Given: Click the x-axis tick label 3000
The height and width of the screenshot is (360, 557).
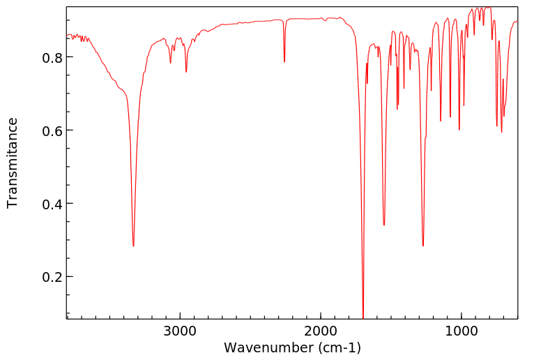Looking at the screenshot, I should coord(180,329).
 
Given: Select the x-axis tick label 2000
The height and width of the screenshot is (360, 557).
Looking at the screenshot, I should coord(321,329).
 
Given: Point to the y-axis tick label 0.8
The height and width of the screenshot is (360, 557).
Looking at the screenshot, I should coord(53,57).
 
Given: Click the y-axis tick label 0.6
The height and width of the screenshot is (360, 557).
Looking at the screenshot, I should coord(53,130).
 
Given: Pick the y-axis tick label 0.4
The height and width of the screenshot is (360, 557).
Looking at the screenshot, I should coord(53,204).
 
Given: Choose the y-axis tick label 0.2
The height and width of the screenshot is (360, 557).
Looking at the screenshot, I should coord(53,277).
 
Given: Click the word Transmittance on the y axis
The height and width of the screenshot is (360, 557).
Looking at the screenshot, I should coord(13,163).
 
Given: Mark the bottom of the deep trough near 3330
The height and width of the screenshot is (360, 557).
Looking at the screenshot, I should coord(133,246).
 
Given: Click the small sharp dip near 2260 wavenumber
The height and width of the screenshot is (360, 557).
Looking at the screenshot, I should coord(284,62).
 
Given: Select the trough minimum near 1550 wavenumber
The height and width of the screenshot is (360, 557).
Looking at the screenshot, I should coord(384,225).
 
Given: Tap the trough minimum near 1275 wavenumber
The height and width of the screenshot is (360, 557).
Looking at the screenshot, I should coord(423,246).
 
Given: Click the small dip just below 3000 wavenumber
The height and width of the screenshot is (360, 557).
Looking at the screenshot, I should coord(186,72).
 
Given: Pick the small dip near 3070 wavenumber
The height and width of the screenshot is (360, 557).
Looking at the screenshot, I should coord(170,63).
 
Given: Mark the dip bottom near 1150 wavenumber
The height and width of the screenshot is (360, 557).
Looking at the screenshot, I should coord(441,121).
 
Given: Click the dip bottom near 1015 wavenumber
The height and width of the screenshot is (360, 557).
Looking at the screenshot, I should coord(459,129).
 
